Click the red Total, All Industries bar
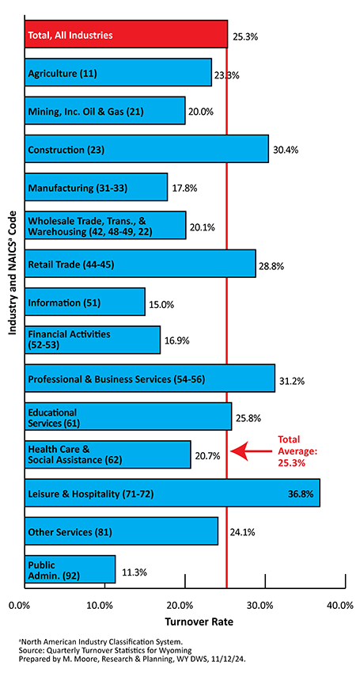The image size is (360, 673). [x=126, y=34]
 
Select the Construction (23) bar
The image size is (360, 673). [x=146, y=149]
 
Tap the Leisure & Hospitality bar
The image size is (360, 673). [x=172, y=493]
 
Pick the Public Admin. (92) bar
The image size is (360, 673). [x=70, y=569]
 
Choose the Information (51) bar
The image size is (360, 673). [x=85, y=302]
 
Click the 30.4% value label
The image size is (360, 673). [x=286, y=150]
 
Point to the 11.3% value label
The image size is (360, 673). [x=135, y=572]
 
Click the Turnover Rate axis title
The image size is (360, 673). [x=199, y=622]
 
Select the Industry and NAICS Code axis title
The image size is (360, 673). [x=13, y=272]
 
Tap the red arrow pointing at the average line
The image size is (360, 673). [x=252, y=451]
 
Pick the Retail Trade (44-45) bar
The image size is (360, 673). [x=140, y=264]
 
